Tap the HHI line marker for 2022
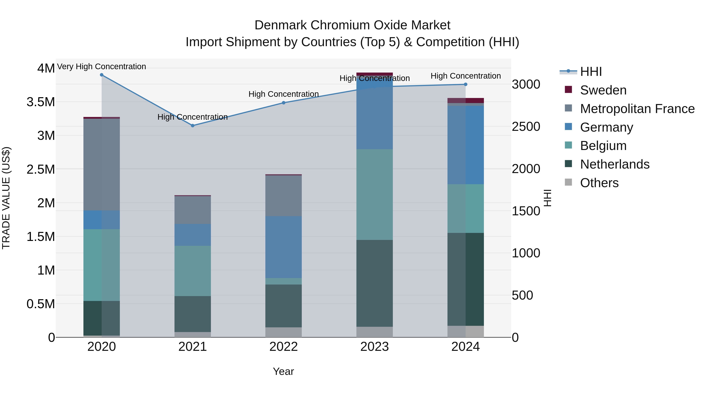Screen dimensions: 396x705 click(x=284, y=103)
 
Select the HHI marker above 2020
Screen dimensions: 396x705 click(x=101, y=75)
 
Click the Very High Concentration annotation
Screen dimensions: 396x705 click(x=101, y=67)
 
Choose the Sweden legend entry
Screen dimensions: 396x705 click(x=603, y=90)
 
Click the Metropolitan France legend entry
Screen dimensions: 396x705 click(x=637, y=109)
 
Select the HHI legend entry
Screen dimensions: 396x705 click(x=591, y=72)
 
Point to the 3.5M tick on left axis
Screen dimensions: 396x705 click(x=41, y=102)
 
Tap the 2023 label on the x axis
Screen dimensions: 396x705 click(x=374, y=347)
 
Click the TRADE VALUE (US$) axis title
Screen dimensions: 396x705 click(x=6, y=198)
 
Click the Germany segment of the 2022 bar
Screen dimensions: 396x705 click(x=284, y=247)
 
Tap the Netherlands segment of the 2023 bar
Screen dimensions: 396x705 click(x=374, y=283)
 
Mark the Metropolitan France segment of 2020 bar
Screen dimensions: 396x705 click(x=101, y=164)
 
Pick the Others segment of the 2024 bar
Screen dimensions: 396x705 click(x=465, y=331)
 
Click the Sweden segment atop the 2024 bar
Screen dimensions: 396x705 click(x=465, y=101)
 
